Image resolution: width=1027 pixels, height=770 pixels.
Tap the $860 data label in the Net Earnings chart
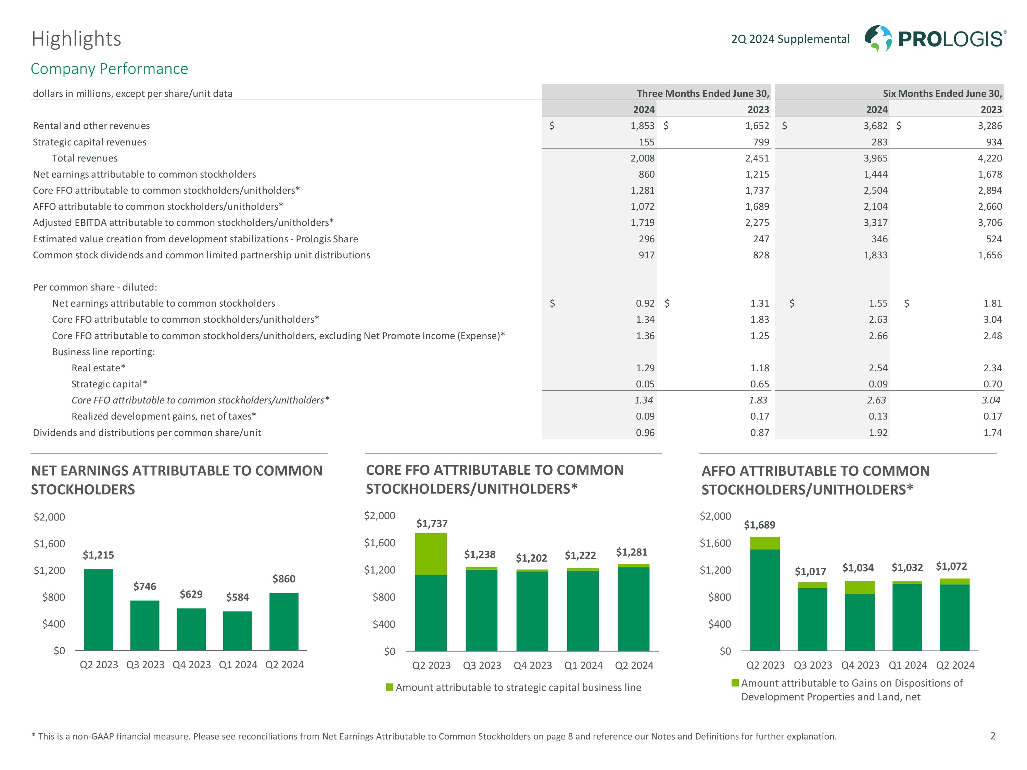[284, 579]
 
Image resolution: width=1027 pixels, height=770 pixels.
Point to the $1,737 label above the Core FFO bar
[432, 524]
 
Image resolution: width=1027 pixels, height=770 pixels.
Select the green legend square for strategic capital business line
[390, 687]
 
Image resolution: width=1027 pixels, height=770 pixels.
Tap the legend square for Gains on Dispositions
[735, 683]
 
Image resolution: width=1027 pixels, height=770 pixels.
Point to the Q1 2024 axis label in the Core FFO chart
[583, 666]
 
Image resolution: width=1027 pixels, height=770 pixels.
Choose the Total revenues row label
[85, 158]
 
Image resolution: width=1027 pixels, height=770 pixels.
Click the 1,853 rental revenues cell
[642, 126]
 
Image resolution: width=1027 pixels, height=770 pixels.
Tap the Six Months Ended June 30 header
[942, 93]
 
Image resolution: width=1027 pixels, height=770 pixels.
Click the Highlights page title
[76, 39]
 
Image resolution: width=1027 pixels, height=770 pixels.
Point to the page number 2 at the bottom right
[993, 736]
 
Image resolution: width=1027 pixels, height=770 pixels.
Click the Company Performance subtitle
[109, 69]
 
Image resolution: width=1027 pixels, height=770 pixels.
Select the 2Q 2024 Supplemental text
[790, 39]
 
